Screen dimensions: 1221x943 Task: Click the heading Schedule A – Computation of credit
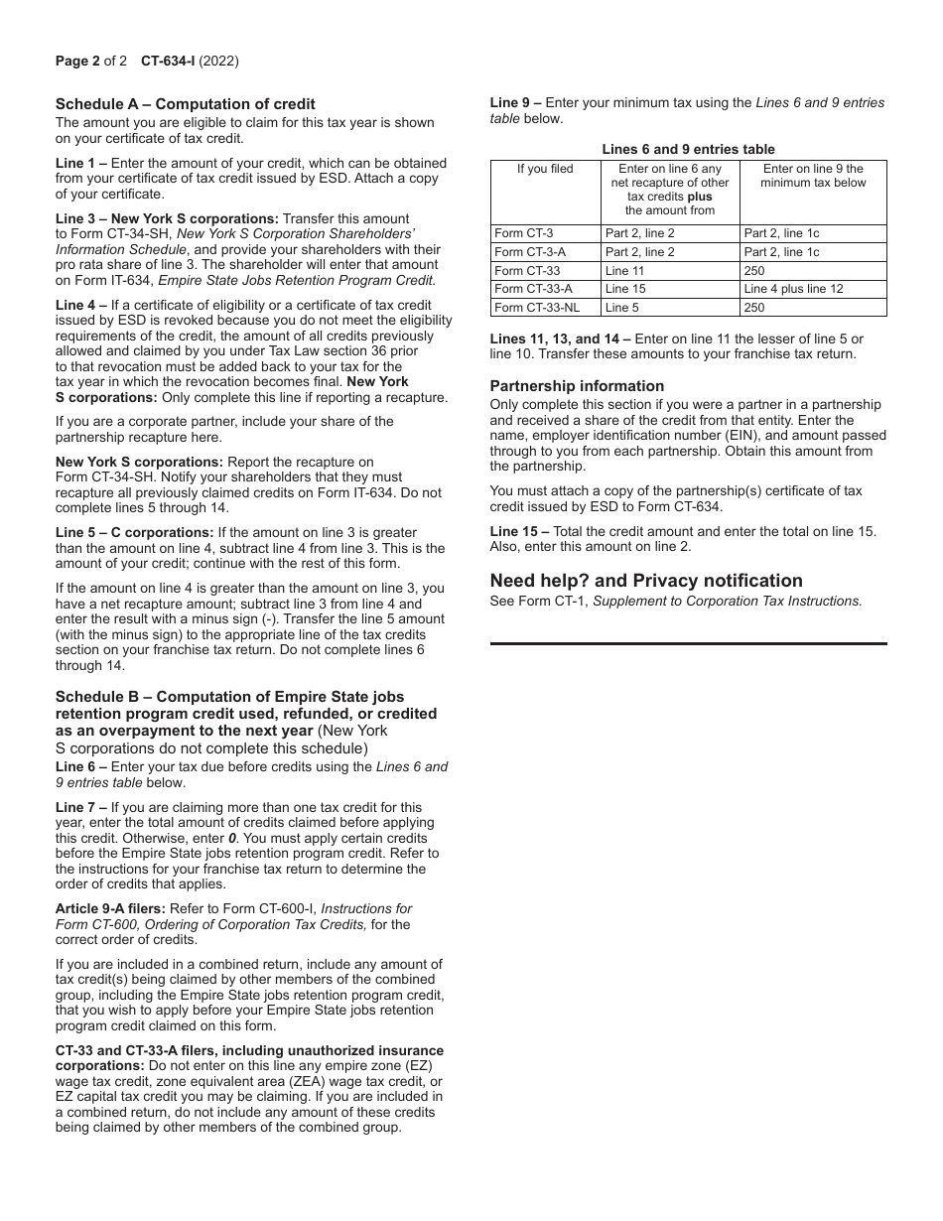point(185,103)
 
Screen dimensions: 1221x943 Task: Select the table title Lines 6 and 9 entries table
point(688,149)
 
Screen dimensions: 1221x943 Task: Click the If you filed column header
point(545,169)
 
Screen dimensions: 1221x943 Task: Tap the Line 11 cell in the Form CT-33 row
point(624,270)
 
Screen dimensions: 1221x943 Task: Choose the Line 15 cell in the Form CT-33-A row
point(624,289)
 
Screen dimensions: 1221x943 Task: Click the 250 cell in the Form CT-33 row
point(754,270)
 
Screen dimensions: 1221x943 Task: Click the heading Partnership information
point(577,386)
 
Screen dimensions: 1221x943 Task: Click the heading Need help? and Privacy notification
point(646,580)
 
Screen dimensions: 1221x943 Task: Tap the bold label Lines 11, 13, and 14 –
point(560,339)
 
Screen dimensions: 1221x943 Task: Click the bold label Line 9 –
point(516,102)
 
